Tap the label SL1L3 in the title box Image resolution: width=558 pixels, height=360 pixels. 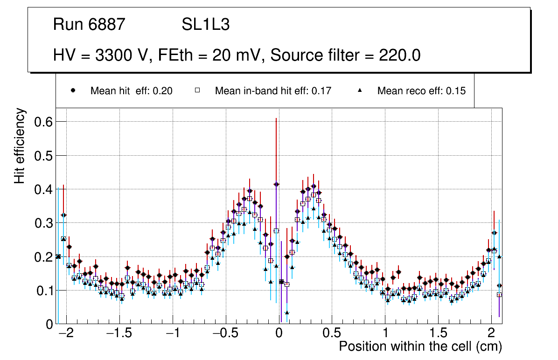(x=205, y=25)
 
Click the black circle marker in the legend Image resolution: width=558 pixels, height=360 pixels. (x=73, y=91)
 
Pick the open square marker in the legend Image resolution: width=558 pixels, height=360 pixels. (x=197, y=91)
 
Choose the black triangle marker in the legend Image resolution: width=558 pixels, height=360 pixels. (x=360, y=91)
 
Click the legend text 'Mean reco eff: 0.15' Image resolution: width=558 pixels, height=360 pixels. (x=421, y=91)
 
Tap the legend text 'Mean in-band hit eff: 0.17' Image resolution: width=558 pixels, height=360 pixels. (x=273, y=91)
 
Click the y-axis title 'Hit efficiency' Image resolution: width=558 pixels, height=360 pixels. (x=20, y=146)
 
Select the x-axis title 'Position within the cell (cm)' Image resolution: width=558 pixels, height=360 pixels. (x=420, y=346)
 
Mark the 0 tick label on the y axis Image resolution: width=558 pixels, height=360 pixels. (x=49, y=324)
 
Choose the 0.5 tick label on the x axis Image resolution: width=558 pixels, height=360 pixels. (x=332, y=334)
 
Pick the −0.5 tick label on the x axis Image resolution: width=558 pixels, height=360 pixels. (x=225, y=334)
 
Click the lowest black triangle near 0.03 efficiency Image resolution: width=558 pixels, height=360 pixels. (x=287, y=313)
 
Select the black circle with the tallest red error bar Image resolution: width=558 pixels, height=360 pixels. (x=276, y=184)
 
